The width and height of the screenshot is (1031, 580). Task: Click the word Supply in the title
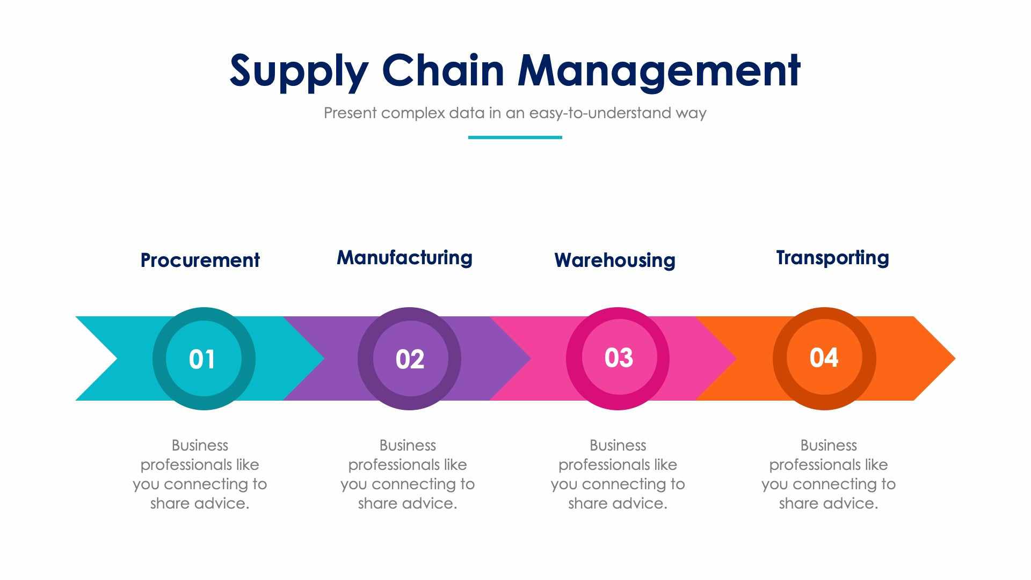click(x=299, y=71)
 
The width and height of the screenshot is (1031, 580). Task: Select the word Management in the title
click(x=659, y=71)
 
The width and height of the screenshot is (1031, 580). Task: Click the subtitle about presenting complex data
click(x=514, y=113)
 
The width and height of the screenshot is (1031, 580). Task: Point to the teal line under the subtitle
click(x=515, y=137)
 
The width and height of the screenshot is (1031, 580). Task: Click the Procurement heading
click(x=200, y=260)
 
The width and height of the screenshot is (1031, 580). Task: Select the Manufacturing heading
click(x=404, y=258)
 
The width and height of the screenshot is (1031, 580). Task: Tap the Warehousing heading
click(x=615, y=260)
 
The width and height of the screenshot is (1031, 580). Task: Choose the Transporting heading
click(x=832, y=258)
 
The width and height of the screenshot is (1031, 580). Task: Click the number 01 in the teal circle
click(x=202, y=359)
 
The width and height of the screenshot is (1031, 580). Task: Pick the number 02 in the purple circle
click(x=410, y=359)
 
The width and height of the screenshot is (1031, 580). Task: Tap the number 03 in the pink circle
click(x=619, y=358)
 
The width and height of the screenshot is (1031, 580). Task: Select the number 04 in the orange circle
click(x=824, y=358)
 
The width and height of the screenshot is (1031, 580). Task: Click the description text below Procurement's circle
click(x=200, y=474)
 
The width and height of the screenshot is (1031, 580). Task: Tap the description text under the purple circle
click(x=408, y=474)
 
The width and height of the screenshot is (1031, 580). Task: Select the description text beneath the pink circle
click(x=618, y=474)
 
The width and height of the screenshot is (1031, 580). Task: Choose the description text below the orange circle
click(x=828, y=474)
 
